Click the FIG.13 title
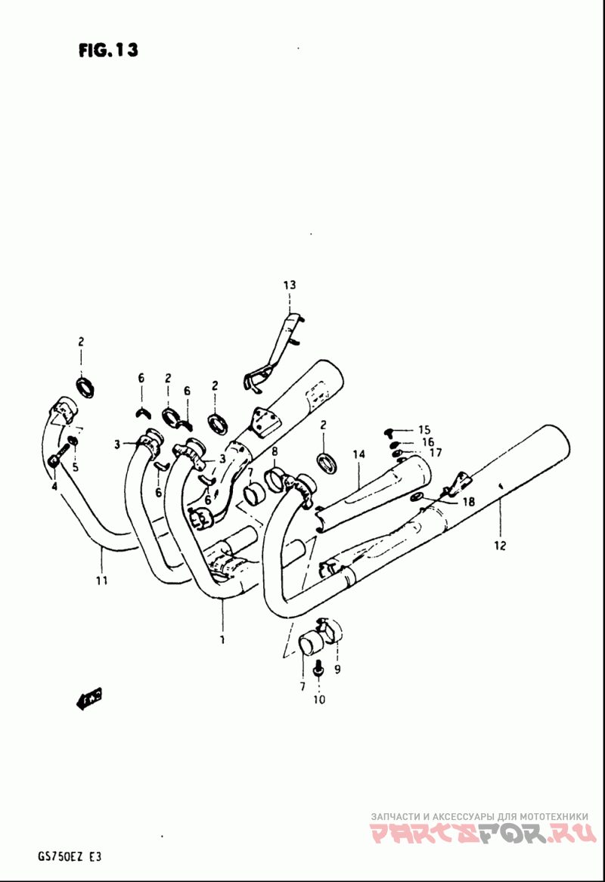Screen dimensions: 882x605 [x=108, y=51]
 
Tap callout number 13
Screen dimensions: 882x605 [x=290, y=285]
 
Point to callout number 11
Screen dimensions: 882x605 [x=101, y=580]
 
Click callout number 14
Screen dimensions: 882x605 [x=358, y=454]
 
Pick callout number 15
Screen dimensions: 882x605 [x=423, y=429]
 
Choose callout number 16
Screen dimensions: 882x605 [x=427, y=441]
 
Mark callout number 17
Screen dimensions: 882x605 [x=435, y=453]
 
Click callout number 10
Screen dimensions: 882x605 [x=318, y=700]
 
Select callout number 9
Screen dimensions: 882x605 [x=337, y=668]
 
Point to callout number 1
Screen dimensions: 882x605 [x=222, y=640]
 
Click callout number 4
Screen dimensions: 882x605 [x=54, y=486]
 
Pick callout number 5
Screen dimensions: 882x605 [x=75, y=466]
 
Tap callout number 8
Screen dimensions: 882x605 [x=275, y=452]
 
